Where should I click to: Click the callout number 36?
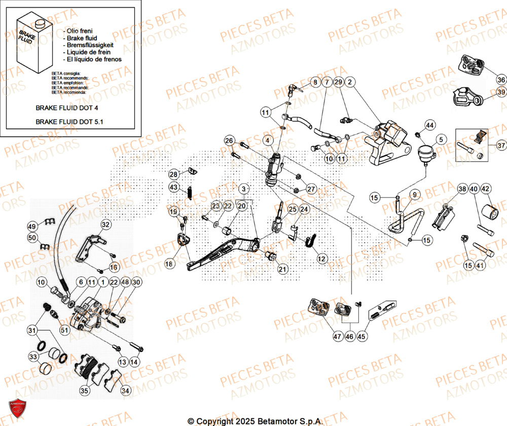(501, 80)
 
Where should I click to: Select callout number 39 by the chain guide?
(501, 92)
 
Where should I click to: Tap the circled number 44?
(429, 125)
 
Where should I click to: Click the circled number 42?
(486, 189)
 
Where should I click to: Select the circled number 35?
(84, 390)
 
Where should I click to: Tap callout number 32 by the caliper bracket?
(105, 224)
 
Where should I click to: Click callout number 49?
(32, 226)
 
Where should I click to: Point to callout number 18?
(169, 264)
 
